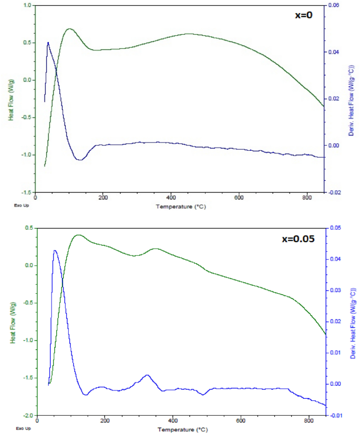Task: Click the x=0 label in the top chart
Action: (x=303, y=15)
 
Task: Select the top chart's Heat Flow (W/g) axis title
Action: (x=11, y=99)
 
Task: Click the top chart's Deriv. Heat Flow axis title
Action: (x=349, y=99)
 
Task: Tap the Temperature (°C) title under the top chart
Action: (x=180, y=206)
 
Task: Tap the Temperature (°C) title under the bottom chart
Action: (x=180, y=429)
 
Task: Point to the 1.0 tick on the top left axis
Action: (x=27, y=5)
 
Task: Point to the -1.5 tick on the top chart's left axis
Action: (x=26, y=192)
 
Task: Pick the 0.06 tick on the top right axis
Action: (x=334, y=5)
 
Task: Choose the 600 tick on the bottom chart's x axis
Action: (x=241, y=421)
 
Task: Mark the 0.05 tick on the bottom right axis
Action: (x=334, y=228)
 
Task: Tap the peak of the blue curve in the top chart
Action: (x=48, y=43)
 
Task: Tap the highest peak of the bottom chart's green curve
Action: (x=78, y=235)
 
